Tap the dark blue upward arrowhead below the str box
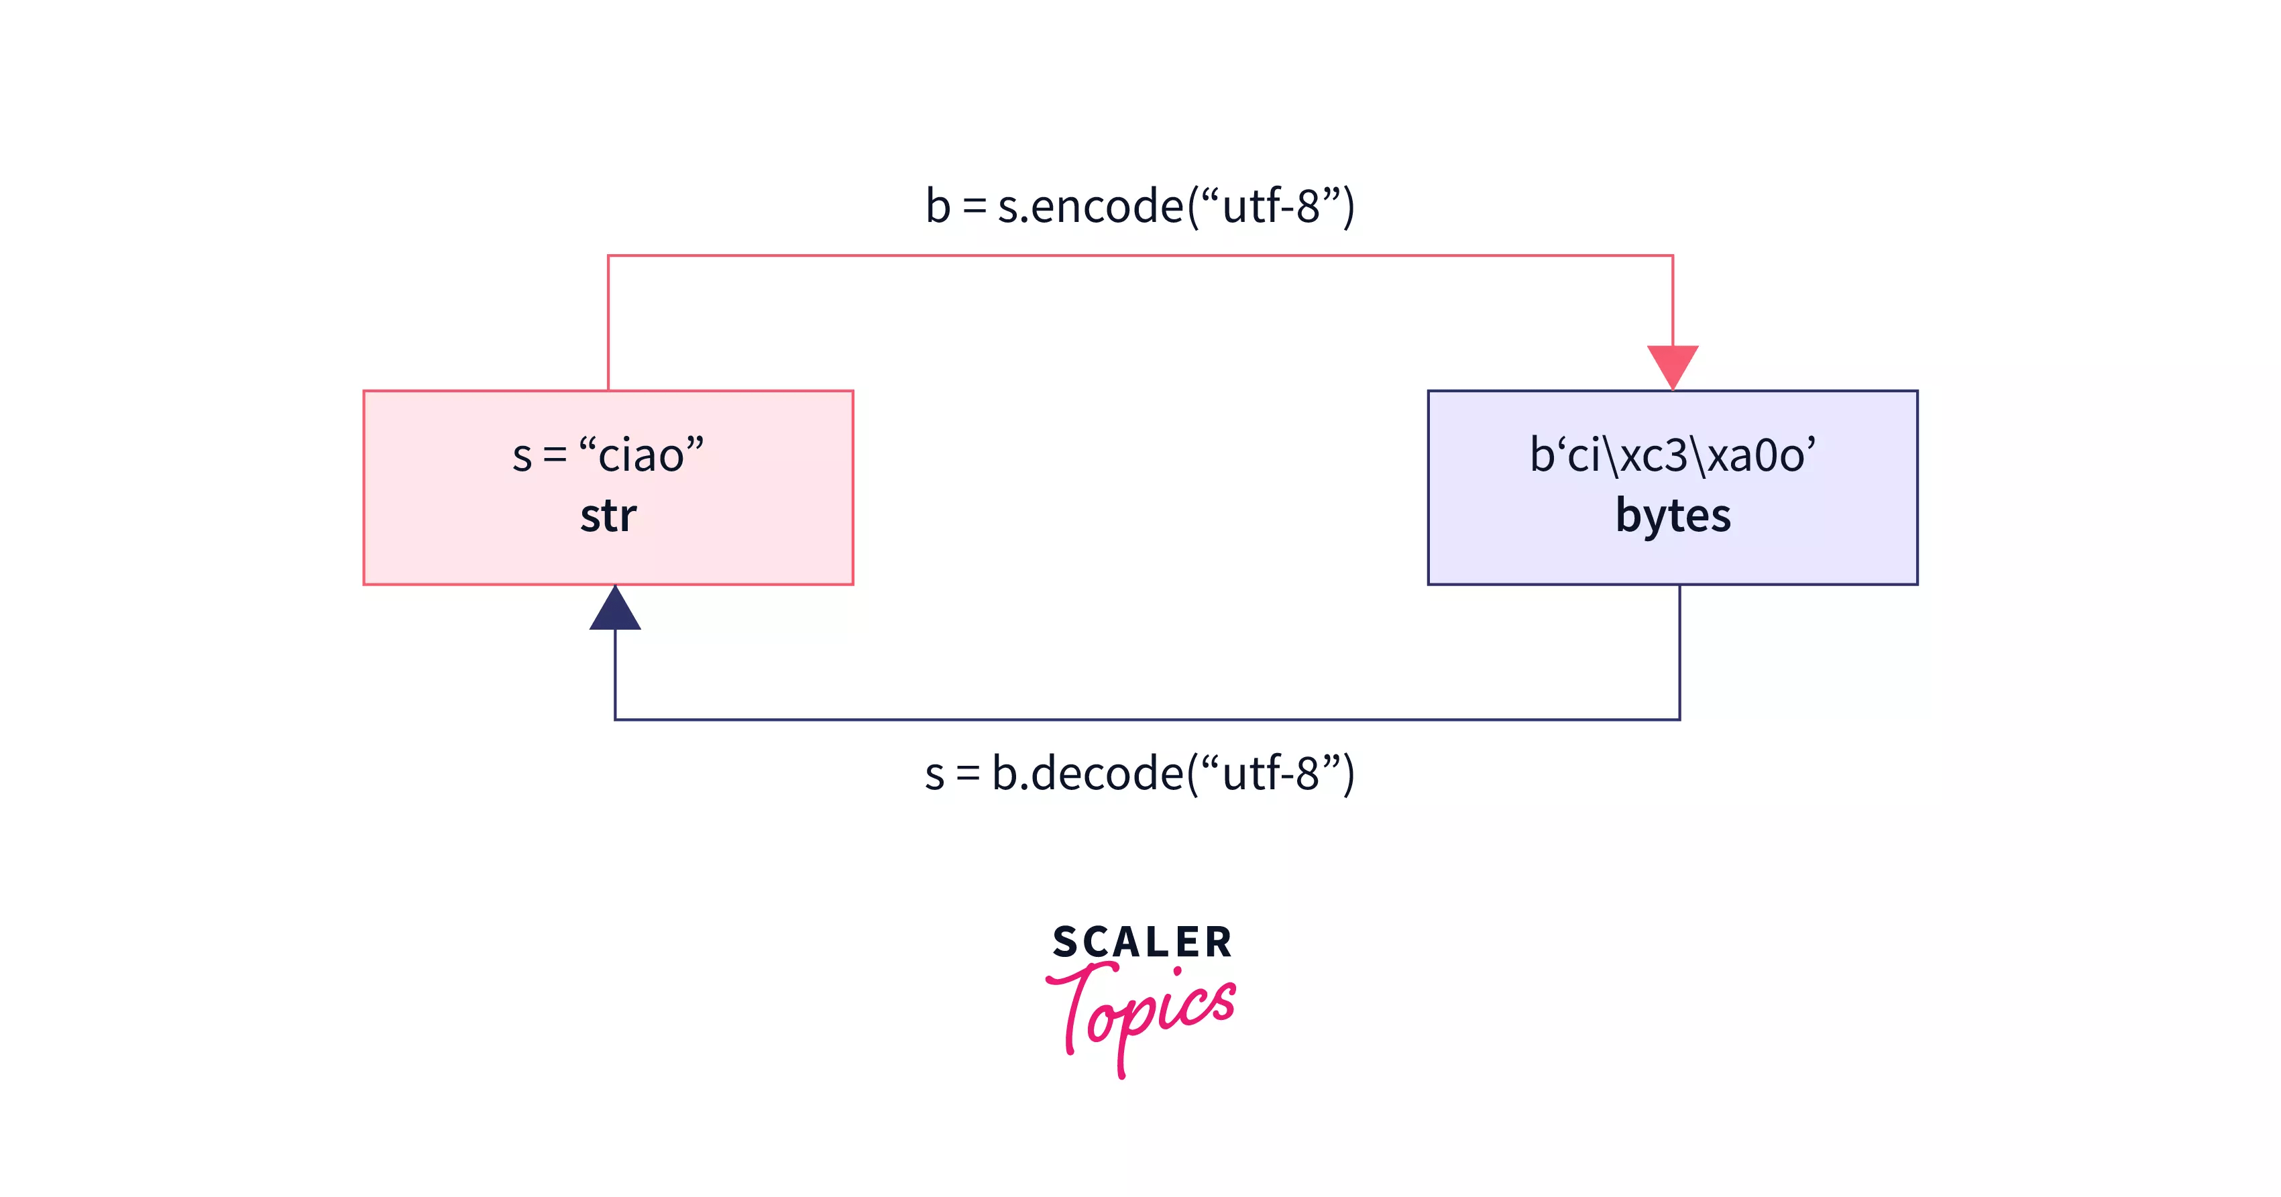coord(616,611)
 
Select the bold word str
coord(608,515)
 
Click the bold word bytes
coord(1672,515)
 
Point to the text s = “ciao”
coord(608,455)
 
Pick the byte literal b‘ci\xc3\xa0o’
coord(1672,455)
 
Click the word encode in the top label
coord(1107,207)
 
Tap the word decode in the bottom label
coord(1107,773)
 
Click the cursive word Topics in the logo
coord(1142,1014)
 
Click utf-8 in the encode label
coord(1271,207)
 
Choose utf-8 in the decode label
coord(1271,773)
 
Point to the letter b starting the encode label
coord(938,207)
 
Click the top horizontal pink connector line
coord(1140,256)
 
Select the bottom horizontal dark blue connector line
coord(1147,719)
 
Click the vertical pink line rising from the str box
coord(608,323)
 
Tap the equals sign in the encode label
coord(974,207)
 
